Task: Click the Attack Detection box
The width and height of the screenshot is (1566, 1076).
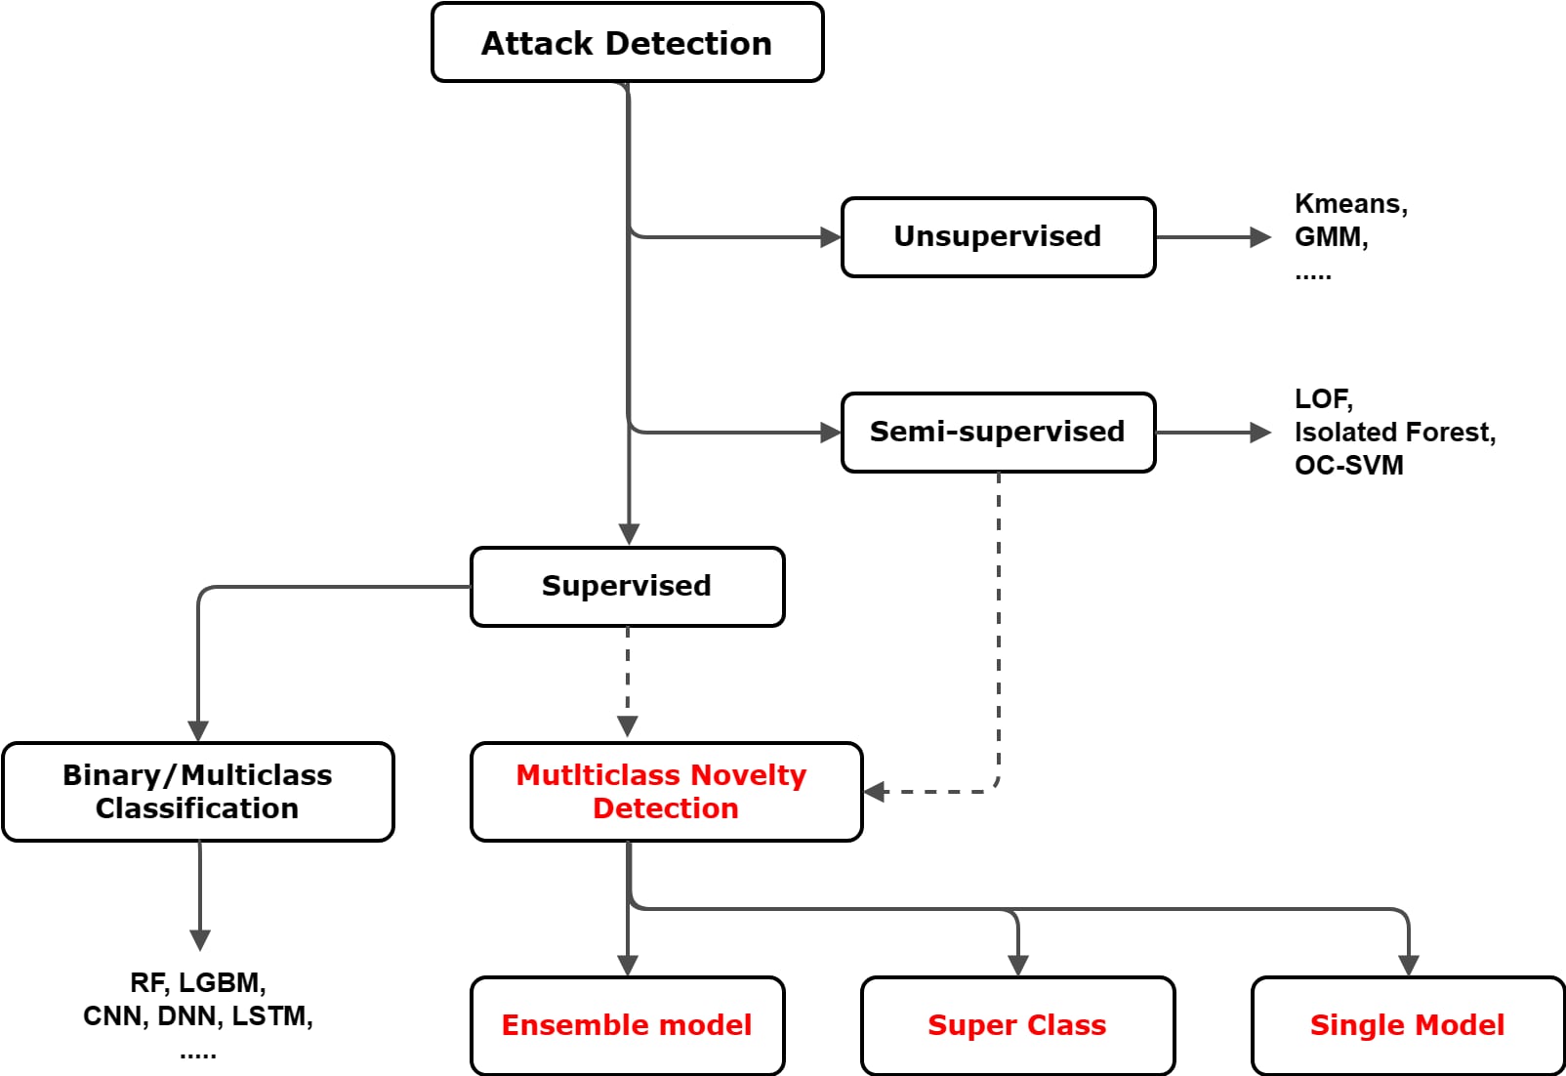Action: click(x=627, y=43)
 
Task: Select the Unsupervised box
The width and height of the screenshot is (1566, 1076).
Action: click(x=998, y=237)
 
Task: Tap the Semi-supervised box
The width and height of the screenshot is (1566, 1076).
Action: click(x=998, y=433)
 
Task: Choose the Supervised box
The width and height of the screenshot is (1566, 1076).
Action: click(x=627, y=587)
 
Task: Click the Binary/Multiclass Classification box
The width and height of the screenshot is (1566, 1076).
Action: click(x=198, y=792)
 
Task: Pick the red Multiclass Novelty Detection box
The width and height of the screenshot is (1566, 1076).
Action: click(x=666, y=792)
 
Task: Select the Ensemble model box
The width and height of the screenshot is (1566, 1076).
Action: click(x=627, y=1025)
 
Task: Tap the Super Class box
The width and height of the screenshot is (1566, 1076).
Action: click(x=1017, y=1025)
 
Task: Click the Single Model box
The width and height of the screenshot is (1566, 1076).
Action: click(x=1408, y=1025)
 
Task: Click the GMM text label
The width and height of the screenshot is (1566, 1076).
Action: click(x=1330, y=237)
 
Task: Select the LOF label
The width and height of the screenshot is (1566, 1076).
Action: click(x=1323, y=399)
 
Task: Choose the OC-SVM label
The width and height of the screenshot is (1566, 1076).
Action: click(x=1348, y=466)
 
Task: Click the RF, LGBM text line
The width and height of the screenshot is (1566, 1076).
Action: click(x=198, y=982)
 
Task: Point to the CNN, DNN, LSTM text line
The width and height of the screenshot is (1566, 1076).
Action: click(x=198, y=1016)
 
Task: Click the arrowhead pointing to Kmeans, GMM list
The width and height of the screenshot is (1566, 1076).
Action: click(x=1260, y=237)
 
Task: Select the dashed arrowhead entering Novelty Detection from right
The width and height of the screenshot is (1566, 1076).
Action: click(x=875, y=792)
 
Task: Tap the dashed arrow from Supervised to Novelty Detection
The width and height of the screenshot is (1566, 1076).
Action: click(x=628, y=683)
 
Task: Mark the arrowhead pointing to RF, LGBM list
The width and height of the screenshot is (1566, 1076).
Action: click(x=200, y=940)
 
